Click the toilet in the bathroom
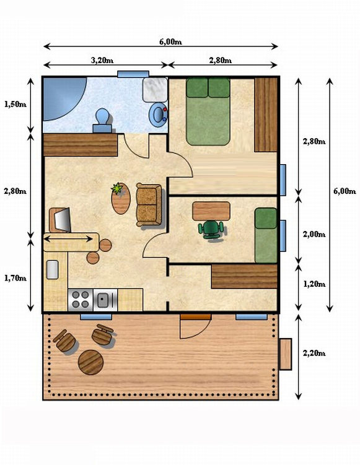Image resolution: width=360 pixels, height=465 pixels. click(103, 120)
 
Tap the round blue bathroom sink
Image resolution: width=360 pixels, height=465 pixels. click(158, 115)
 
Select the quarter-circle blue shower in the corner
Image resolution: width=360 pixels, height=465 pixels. click(64, 98)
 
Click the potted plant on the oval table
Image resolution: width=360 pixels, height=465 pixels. click(116, 188)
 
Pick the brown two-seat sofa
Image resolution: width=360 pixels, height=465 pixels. click(149, 204)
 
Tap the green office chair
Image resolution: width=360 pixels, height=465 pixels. click(211, 229)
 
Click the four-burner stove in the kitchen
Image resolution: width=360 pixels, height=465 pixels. click(81, 300)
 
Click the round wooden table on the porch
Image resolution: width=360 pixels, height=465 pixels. click(91, 362)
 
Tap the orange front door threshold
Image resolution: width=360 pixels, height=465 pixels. click(196, 317)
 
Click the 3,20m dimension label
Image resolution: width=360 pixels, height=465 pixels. click(102, 60)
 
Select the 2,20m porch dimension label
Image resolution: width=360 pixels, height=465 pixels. click(314, 353)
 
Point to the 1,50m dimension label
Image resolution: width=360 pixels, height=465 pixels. click(15, 104)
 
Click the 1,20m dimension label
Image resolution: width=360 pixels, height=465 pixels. click(314, 284)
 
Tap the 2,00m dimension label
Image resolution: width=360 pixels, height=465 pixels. click(314, 234)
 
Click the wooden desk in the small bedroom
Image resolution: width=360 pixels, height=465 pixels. click(211, 211)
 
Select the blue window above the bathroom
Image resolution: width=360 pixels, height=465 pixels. click(133, 74)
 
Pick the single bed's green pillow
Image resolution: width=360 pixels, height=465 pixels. click(266, 219)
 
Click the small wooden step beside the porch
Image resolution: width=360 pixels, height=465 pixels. click(286, 354)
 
